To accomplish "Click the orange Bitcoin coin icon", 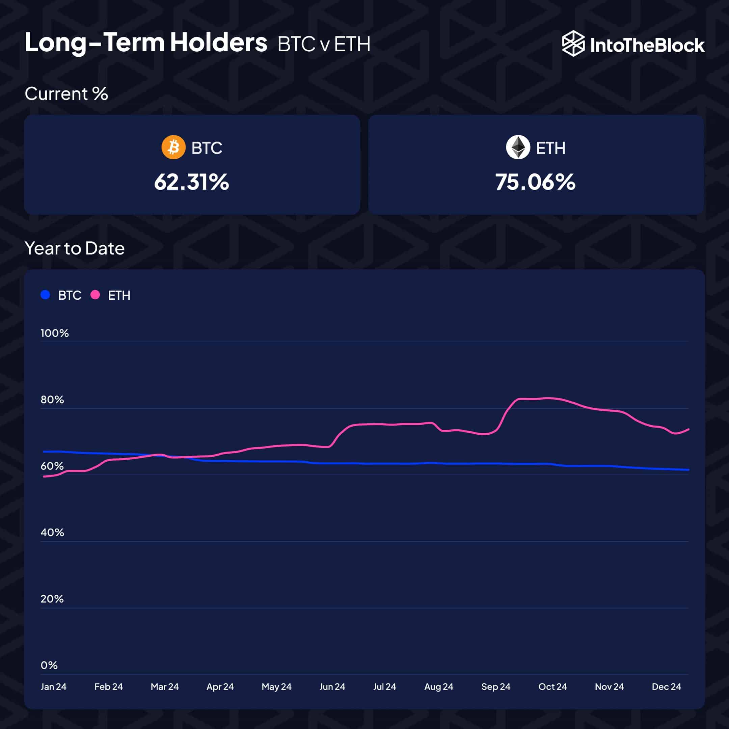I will (173, 147).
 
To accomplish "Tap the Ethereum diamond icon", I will (518, 147).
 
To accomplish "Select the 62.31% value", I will (191, 182).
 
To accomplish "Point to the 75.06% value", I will (535, 182).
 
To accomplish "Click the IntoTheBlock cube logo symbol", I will (573, 44).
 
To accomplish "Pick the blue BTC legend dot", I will (45, 295).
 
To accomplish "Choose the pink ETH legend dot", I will (95, 295).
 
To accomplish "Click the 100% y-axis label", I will (55, 333).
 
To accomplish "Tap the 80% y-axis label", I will (52, 400).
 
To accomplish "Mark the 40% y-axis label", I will (52, 533).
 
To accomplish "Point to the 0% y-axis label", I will (49, 665).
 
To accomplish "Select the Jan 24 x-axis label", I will (54, 687).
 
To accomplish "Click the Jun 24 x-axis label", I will (332, 687).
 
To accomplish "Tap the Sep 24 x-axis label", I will (496, 687).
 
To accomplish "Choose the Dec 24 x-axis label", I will (666, 687).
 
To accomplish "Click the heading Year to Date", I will (74, 248).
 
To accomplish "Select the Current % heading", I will (66, 93).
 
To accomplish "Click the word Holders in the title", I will (218, 42).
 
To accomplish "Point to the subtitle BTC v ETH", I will (324, 44).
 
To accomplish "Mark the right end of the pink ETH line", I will (688, 429).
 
